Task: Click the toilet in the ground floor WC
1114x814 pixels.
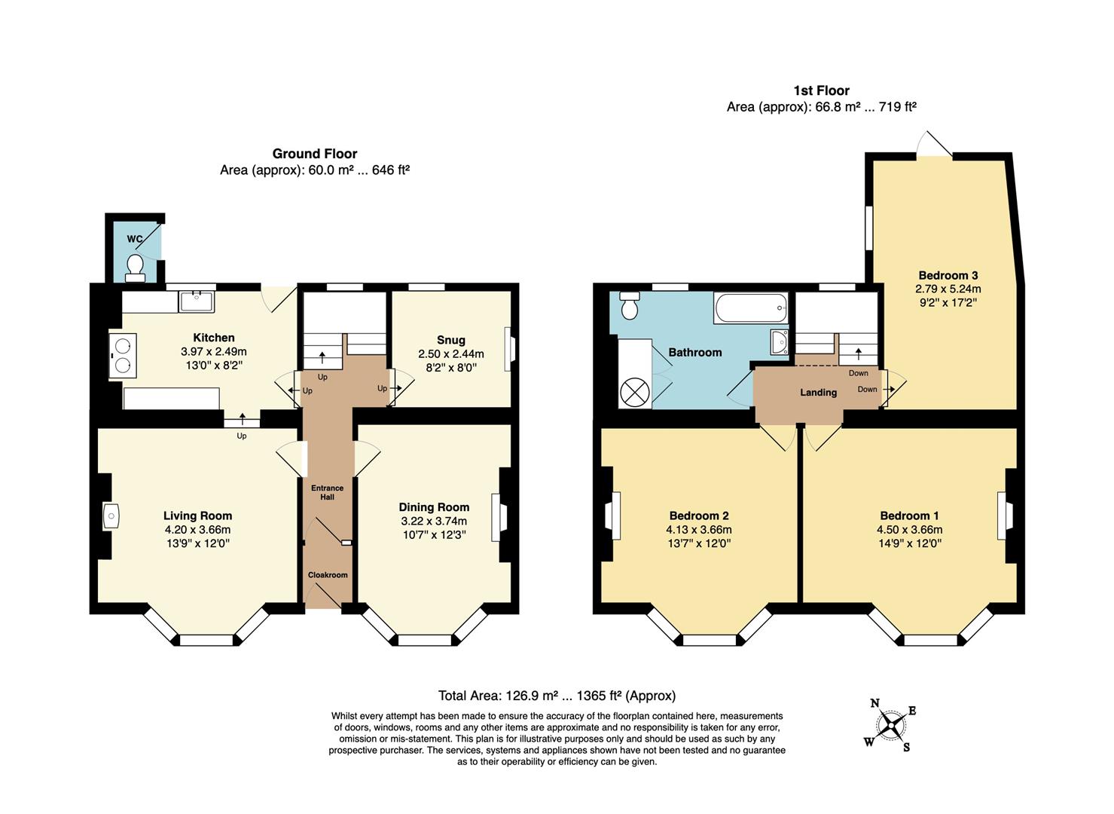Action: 136,267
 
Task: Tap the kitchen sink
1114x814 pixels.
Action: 197,301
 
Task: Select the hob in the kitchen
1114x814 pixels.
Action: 123,357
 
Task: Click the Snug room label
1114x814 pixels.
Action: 450,340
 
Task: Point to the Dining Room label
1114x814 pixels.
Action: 434,507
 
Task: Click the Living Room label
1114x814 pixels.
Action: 197,516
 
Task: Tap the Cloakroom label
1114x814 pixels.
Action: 328,575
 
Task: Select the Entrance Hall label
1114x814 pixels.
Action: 328,492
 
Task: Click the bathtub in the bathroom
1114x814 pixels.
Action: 751,308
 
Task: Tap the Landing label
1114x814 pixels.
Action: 818,392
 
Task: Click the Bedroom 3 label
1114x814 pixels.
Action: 948,275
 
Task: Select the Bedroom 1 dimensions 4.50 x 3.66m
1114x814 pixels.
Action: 909,530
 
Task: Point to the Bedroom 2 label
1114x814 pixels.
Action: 699,516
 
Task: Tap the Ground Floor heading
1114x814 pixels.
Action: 315,154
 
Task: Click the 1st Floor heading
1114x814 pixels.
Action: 821,90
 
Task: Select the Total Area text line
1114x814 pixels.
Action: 557,696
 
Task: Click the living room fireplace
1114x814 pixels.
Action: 110,516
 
